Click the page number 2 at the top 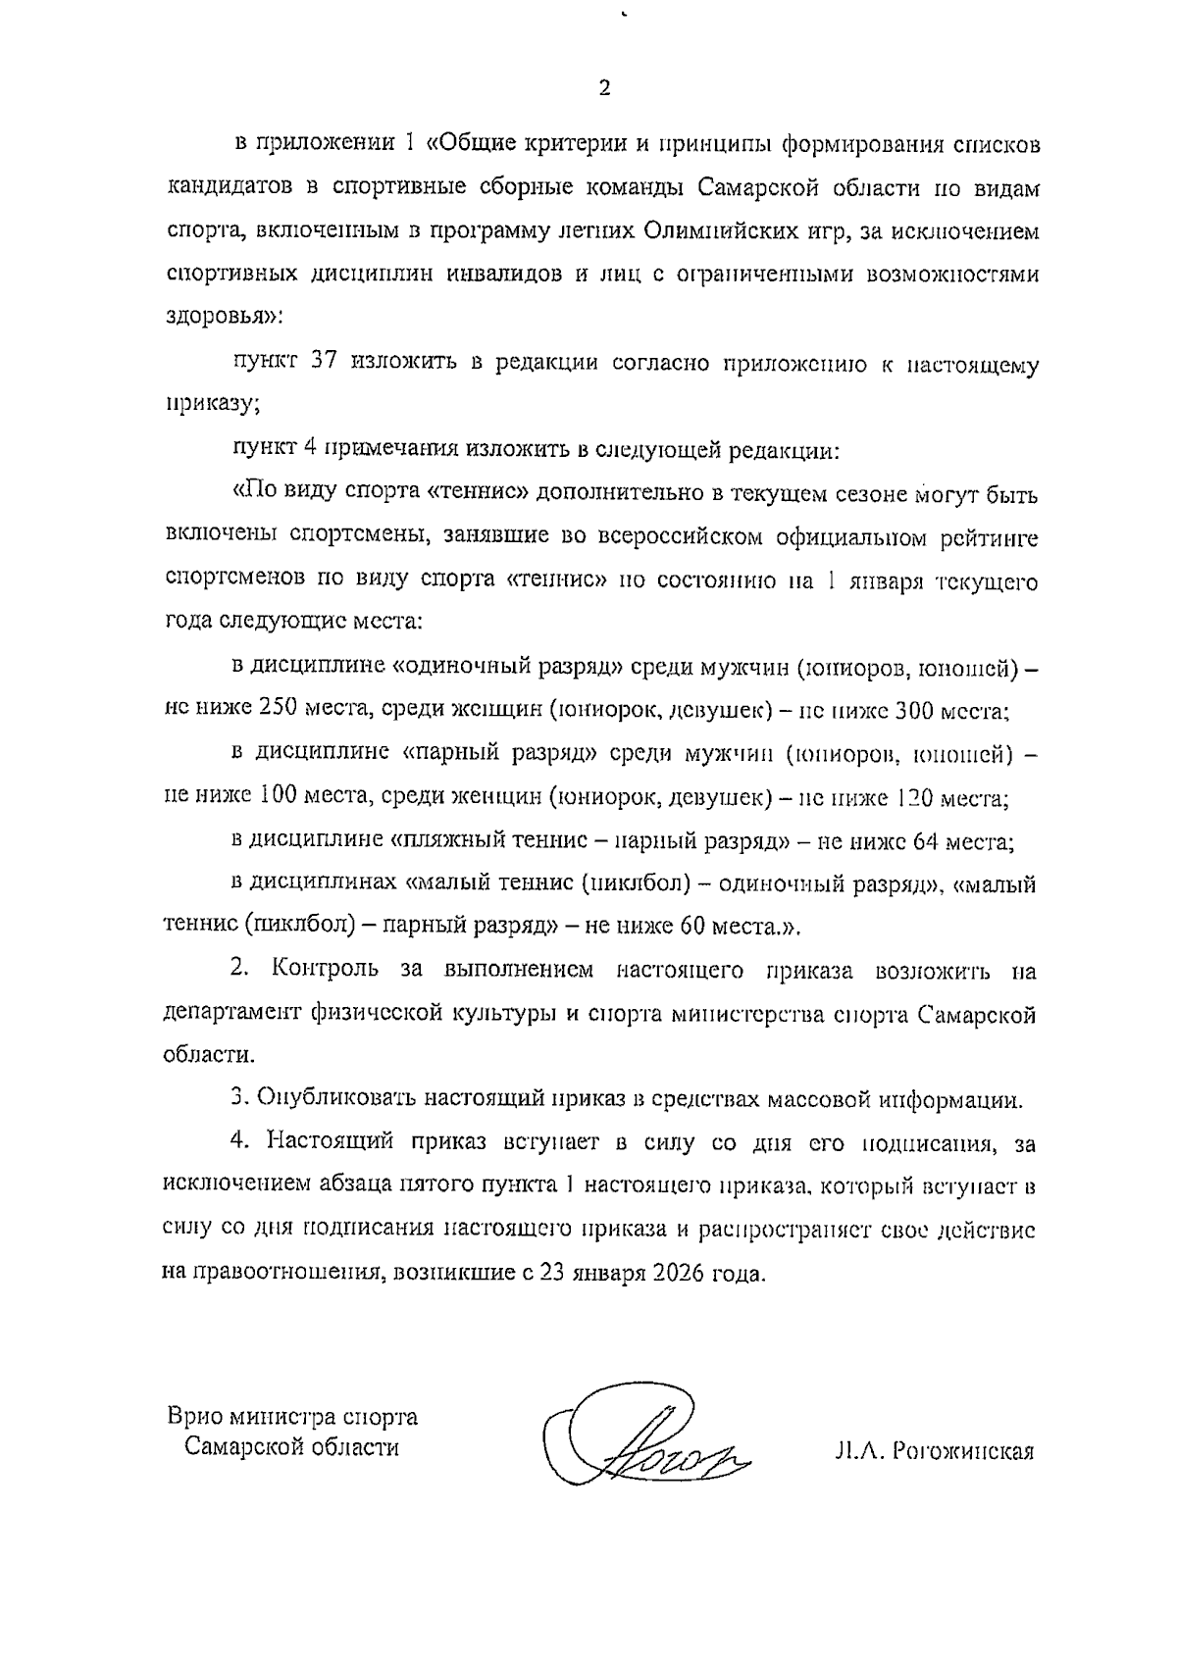point(604,88)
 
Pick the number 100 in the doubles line point(285,797)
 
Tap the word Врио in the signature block point(193,1416)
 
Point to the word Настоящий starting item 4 point(332,1142)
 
